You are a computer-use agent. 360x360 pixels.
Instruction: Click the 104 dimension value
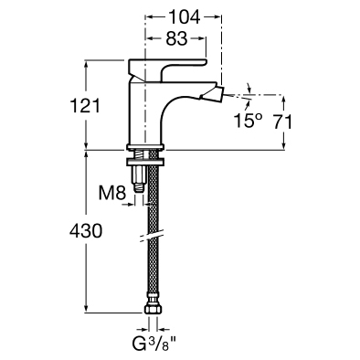(184, 16)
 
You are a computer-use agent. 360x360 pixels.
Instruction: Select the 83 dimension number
(176, 38)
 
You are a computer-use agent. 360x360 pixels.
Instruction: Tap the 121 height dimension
(85, 105)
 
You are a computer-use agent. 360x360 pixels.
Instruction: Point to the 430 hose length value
(86, 230)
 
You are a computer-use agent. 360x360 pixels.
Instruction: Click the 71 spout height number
(282, 122)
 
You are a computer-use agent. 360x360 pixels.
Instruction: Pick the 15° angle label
(248, 121)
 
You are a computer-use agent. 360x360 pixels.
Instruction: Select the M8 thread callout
(112, 193)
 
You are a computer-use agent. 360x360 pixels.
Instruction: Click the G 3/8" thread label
(154, 344)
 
